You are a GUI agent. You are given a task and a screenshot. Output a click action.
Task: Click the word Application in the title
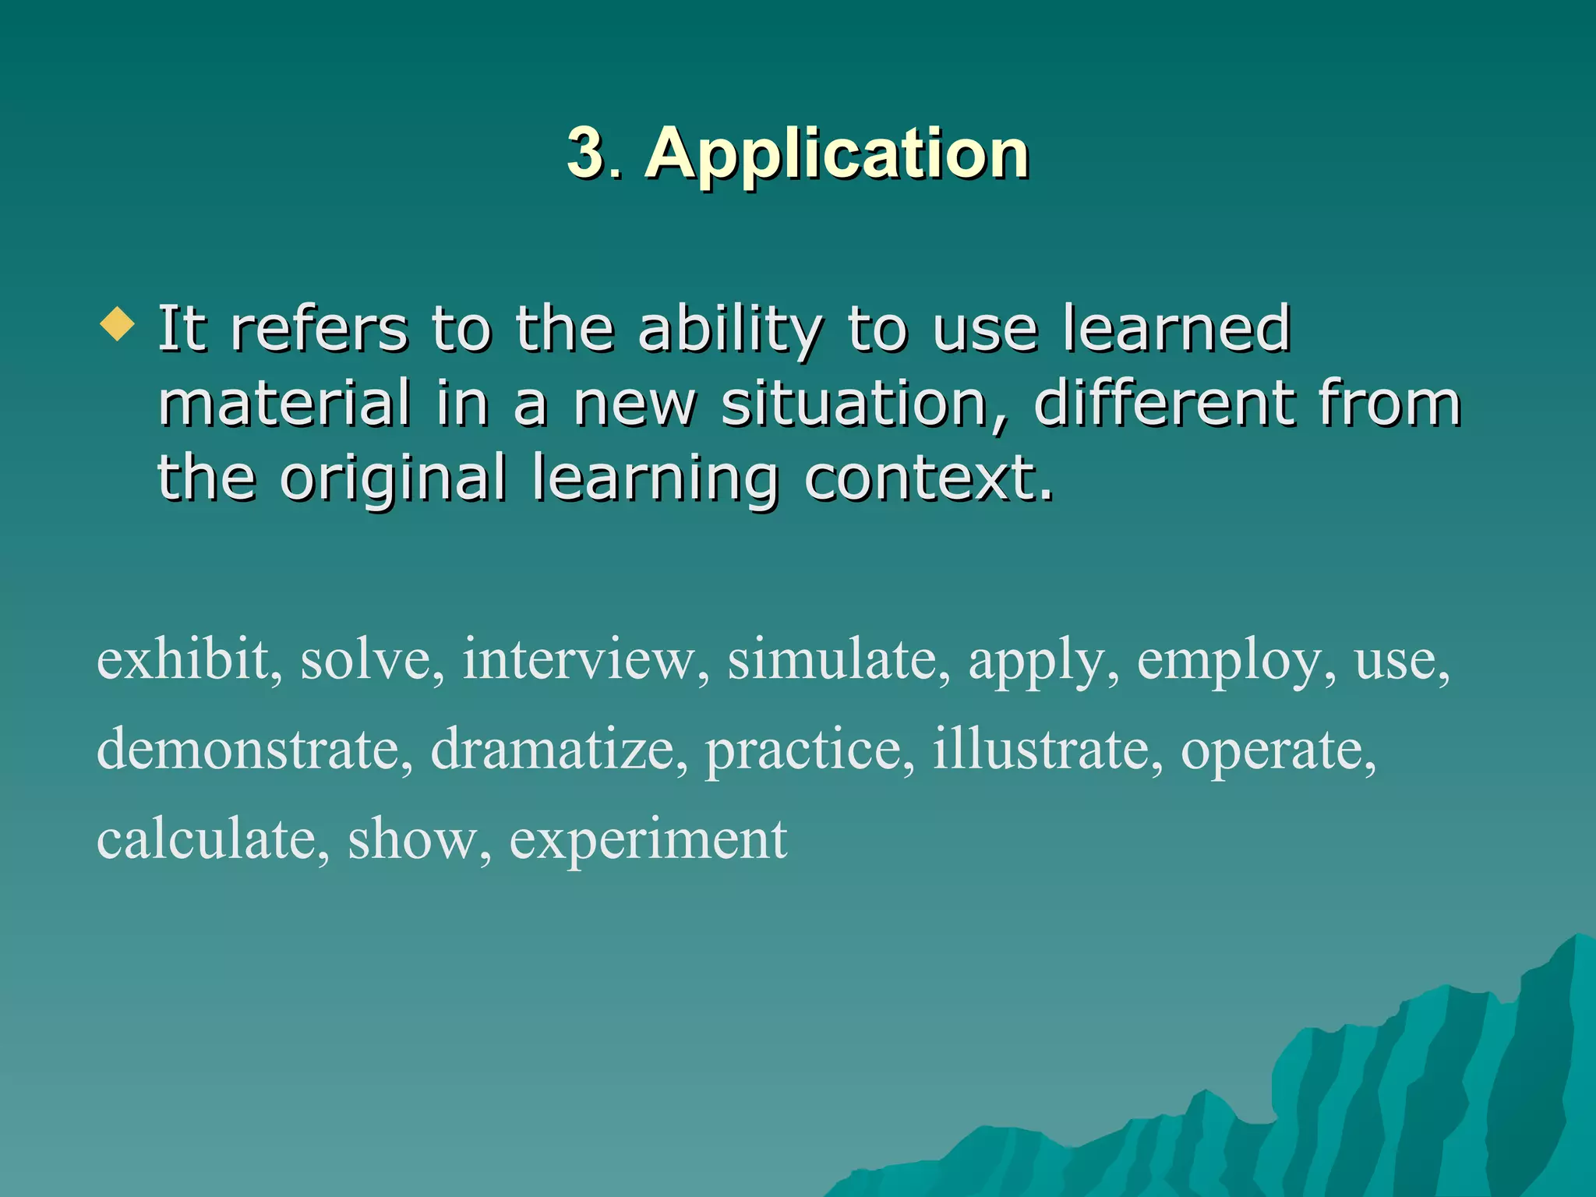tap(837, 154)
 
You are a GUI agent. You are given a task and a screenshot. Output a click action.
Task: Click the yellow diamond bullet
tap(118, 323)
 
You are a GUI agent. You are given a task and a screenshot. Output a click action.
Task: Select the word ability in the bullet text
tap(729, 329)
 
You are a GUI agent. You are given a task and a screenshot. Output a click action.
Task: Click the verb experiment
tap(648, 841)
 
